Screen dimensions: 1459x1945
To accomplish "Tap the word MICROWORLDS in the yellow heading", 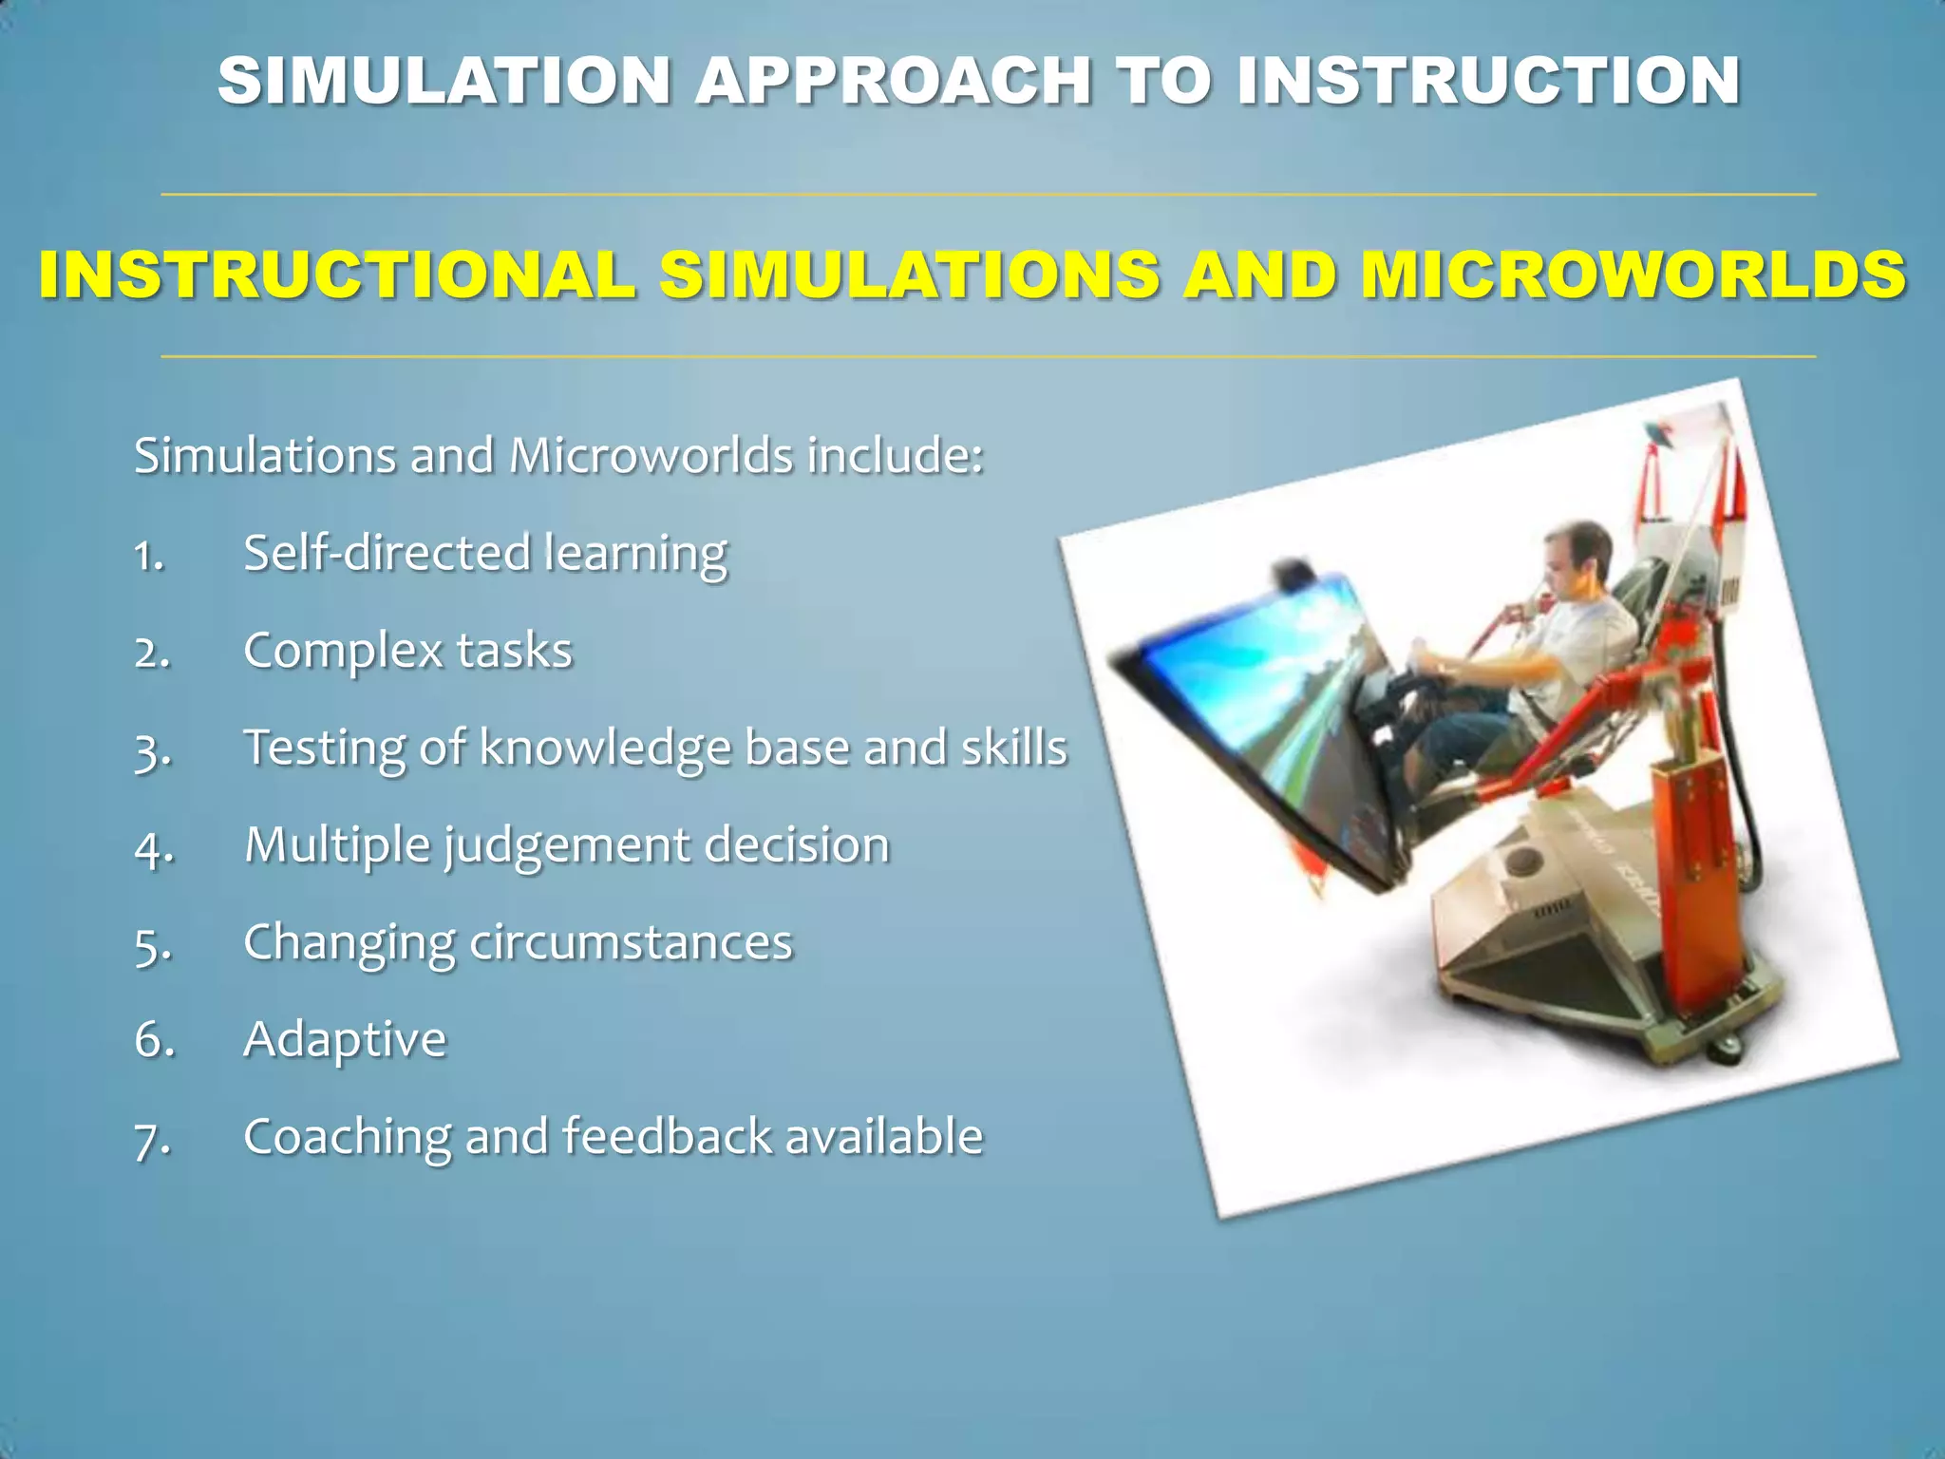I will (x=1633, y=275).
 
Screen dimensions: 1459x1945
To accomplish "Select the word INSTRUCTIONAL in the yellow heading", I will (x=337, y=275).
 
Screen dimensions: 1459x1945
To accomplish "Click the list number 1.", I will (x=148, y=556).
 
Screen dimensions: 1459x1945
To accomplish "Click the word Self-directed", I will (x=386, y=553).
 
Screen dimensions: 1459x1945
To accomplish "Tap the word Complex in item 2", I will (x=343, y=652).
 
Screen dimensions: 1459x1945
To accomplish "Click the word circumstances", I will (x=631, y=943).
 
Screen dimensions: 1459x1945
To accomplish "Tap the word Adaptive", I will (x=345, y=1040).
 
